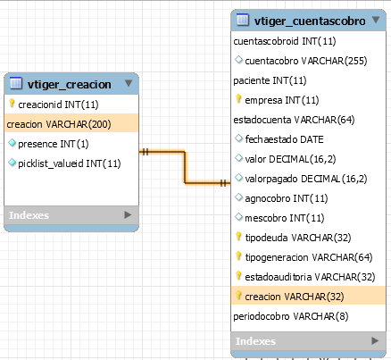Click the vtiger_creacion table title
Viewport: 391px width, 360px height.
[70, 85]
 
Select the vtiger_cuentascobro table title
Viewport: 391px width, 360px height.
[310, 21]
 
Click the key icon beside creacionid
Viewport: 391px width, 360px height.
[12, 104]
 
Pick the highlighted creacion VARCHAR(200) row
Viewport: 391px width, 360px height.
[71, 124]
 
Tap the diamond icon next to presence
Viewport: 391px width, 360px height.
[12, 143]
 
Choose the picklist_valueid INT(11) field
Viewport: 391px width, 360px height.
[70, 163]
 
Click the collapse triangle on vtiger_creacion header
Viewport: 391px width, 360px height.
[129, 83]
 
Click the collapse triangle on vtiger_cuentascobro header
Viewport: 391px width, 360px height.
[376, 20]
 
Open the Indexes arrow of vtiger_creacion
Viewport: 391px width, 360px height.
[128, 214]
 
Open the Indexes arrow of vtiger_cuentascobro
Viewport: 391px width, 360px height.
[375, 340]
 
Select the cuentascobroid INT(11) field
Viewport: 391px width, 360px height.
[285, 41]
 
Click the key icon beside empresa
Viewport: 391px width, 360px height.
[238, 98]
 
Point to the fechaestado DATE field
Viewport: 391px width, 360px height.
[284, 139]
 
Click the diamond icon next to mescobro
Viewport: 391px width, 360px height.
[238, 217]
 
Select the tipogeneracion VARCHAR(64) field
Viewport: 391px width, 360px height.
[309, 257]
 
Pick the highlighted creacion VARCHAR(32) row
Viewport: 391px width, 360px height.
[308, 296]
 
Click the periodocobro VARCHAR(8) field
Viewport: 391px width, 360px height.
[291, 316]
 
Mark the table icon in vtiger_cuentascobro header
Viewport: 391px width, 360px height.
[243, 20]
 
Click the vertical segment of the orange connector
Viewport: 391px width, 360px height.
[185, 167]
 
